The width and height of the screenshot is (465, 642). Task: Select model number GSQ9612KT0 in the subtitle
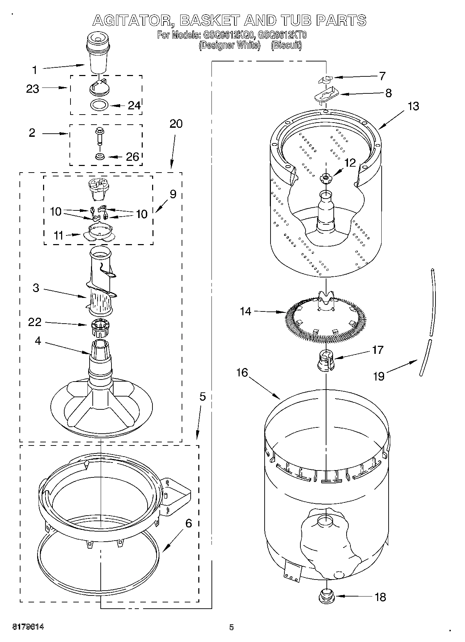tap(282, 35)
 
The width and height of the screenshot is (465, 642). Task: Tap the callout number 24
tap(134, 106)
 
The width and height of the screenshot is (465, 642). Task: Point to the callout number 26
tap(132, 157)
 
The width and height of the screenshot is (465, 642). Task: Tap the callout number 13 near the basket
tap(413, 107)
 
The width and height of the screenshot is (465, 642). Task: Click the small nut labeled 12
tap(325, 178)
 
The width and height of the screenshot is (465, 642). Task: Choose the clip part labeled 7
tap(325, 80)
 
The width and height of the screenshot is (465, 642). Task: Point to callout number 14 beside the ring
tap(246, 311)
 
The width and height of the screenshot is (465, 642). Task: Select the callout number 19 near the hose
tap(379, 376)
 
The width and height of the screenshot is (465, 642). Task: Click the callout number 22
tap(35, 322)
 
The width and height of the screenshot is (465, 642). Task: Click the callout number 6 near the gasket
tap(189, 523)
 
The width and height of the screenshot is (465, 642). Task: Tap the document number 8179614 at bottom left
tap(28, 627)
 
